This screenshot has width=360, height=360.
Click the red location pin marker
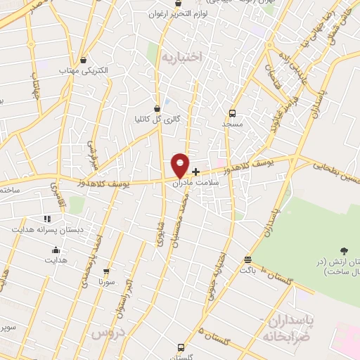coord(180,164)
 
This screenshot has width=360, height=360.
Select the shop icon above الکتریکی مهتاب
coord(84,60)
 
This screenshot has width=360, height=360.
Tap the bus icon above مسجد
coord(232,112)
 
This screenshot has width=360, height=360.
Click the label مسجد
coord(232,124)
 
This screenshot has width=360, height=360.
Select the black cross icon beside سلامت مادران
coord(195,171)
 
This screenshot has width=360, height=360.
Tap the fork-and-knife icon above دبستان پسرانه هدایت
coord(47,219)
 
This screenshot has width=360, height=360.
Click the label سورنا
coord(105,281)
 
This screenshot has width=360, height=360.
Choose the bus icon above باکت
coord(246,259)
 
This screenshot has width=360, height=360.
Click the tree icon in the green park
coord(343,251)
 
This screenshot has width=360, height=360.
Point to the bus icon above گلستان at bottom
coord(181,347)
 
